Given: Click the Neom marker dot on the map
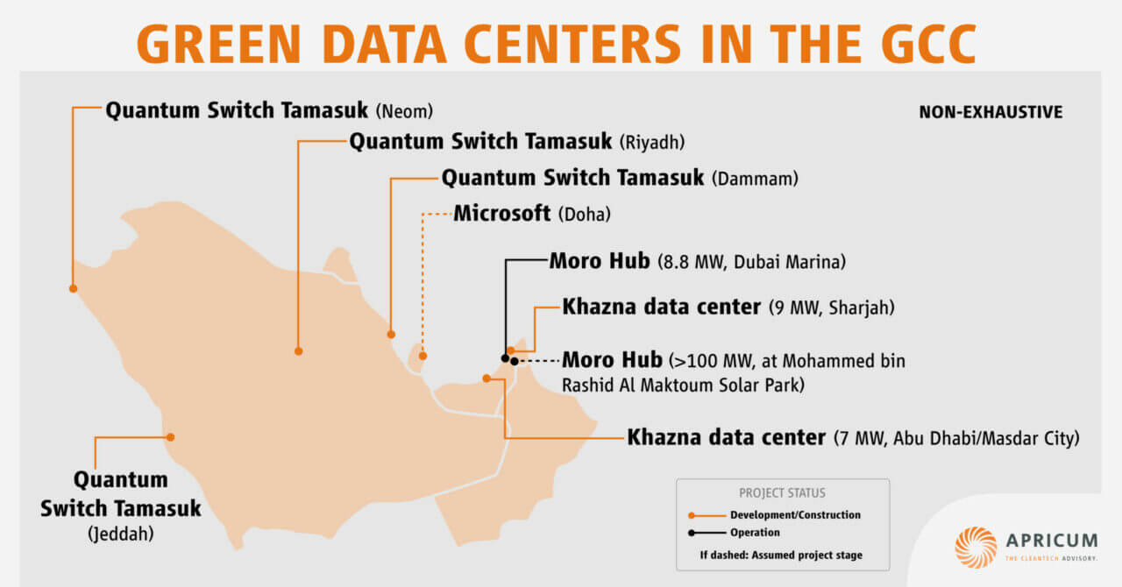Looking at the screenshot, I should pos(73,287).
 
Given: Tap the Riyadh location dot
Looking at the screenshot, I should pos(299,350).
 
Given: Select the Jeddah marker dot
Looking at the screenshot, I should pos(171,436).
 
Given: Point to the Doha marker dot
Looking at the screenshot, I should pos(423,356).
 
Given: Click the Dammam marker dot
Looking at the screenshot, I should pos(391,334).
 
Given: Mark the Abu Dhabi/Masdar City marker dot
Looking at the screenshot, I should pos(486,378).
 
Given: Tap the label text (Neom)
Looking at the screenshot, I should pos(404,112).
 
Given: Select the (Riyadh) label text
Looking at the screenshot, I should pos(651,142).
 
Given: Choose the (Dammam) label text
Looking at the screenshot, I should pos(755,180).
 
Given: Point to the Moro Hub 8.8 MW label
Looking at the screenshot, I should pos(697,261).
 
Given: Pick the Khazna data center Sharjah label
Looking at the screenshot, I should pos(728,308).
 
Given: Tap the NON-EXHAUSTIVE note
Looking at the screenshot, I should pos(991,112).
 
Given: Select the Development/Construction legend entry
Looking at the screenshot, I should pos(795,515).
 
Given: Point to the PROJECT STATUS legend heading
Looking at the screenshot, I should pos(782,493).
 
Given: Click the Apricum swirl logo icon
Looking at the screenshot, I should pos(976,548).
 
